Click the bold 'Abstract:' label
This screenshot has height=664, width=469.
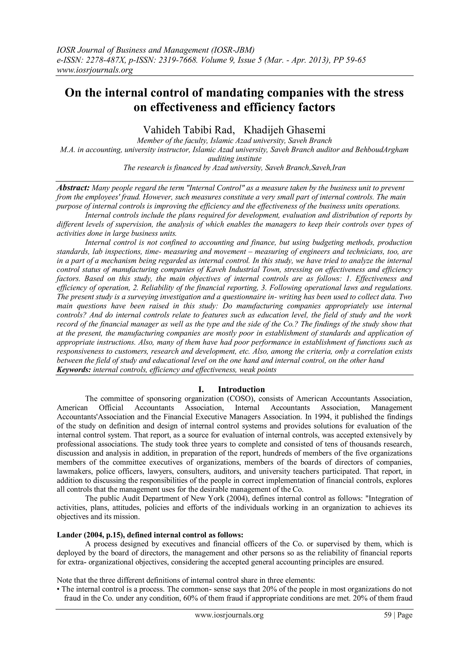pyautogui.click(x=73, y=188)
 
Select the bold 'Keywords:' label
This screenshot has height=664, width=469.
pyautogui.click(x=74, y=370)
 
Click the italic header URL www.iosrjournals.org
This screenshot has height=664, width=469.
pyautogui.click(x=94, y=70)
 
